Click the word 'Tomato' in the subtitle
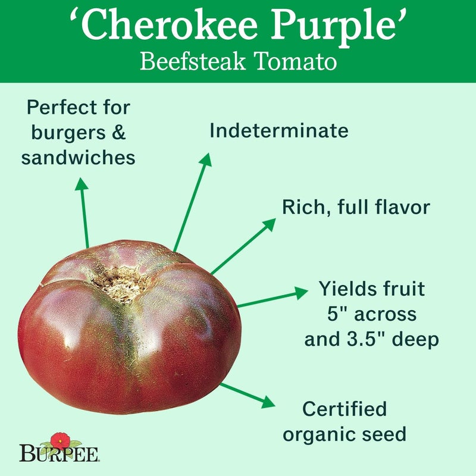pos(299,62)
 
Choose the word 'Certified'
pos(345,409)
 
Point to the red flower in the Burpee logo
pos(59,441)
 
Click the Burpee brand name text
pos(59,455)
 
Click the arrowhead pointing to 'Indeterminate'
pos(206,159)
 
